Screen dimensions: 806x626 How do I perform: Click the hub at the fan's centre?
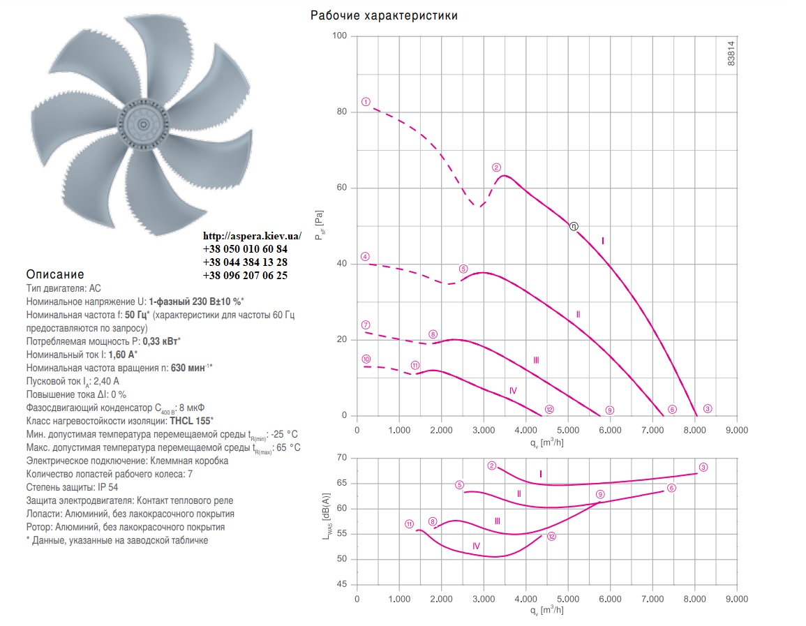144,124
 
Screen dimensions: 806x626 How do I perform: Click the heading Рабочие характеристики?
384,15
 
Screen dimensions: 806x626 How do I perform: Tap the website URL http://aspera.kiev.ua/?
253,236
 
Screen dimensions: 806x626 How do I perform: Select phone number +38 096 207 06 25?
245,276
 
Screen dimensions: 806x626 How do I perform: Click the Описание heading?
55,274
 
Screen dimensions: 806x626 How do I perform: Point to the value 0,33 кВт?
161,341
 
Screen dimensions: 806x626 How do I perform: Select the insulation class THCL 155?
191,421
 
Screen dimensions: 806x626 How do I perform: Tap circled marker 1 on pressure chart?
366,102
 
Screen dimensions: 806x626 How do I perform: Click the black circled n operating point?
574,227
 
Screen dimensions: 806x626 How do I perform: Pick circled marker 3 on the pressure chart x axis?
708,409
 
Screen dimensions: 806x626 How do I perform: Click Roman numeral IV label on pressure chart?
513,391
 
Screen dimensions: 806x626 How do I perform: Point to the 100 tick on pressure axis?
340,36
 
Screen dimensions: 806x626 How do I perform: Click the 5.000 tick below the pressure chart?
568,430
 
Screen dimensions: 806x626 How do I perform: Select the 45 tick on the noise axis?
342,584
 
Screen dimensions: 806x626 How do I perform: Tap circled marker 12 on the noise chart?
551,537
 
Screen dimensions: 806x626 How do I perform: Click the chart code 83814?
731,53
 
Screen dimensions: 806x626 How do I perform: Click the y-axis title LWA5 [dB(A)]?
327,516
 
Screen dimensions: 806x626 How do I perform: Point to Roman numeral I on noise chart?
541,475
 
